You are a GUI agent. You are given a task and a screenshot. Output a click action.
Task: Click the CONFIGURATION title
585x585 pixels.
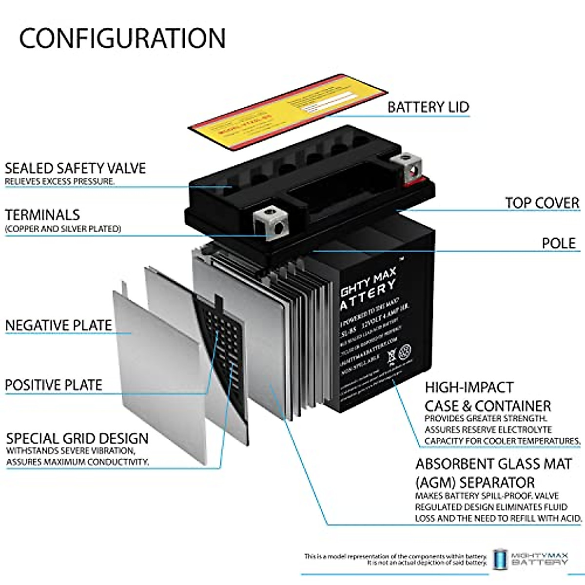point(122,38)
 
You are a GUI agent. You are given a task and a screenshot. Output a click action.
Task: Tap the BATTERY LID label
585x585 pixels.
point(428,107)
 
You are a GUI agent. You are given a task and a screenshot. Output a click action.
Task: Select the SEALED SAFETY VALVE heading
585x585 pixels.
point(75,168)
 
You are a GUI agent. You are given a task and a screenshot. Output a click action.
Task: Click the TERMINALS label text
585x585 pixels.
point(42,214)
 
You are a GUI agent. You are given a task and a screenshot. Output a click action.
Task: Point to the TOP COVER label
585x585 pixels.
point(542,202)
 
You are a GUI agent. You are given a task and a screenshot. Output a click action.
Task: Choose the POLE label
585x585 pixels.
point(559,243)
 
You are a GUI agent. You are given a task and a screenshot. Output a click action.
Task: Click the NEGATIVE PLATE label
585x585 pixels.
point(58,325)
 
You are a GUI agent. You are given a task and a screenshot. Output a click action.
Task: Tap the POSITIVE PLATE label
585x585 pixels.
point(54,385)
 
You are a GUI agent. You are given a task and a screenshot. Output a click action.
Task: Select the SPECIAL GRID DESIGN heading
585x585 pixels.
point(77,438)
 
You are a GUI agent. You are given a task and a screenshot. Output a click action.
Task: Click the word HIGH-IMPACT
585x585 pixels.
point(469,388)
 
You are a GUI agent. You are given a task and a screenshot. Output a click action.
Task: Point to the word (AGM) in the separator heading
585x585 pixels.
point(436,483)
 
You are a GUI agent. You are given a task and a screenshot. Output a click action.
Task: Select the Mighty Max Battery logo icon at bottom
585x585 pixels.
point(499,559)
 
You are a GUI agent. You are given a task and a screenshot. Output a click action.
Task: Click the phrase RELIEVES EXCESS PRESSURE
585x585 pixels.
point(59,182)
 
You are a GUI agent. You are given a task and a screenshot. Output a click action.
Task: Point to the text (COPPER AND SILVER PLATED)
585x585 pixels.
point(63,228)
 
